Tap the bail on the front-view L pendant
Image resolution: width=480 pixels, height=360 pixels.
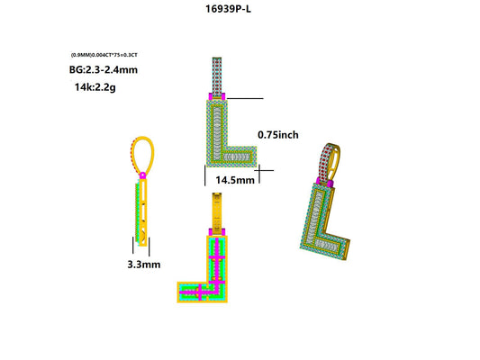click(x=216, y=75)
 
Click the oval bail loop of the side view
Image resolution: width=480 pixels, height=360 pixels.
click(x=143, y=154)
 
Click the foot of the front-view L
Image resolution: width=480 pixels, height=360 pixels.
click(x=238, y=160)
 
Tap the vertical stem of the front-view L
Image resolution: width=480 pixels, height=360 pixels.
click(x=217, y=126)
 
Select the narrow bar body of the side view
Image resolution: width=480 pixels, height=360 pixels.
click(x=142, y=211)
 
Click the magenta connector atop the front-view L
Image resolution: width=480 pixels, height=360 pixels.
click(x=217, y=96)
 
